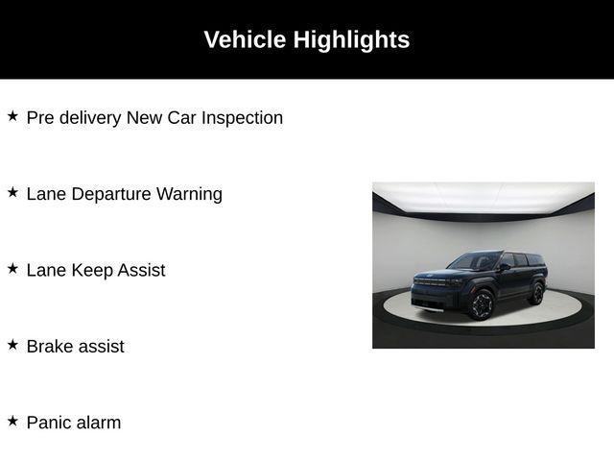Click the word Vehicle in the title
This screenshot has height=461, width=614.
[245, 39]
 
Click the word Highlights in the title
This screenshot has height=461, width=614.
[351, 39]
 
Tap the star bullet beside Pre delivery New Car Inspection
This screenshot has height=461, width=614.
[12, 116]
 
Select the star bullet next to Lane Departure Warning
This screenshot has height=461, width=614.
[12, 192]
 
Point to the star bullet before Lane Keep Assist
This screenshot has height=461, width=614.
[12, 269]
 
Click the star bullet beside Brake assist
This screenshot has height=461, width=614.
[12, 345]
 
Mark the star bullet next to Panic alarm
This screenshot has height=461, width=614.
[12, 421]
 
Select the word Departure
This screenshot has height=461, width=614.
[110, 194]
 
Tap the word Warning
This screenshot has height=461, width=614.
[189, 194]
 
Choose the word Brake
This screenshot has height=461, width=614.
[50, 347]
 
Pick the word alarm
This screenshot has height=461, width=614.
[100, 423]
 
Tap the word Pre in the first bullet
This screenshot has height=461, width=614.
[41, 118]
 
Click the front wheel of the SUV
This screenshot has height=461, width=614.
[481, 304]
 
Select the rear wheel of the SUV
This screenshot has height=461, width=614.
[536, 293]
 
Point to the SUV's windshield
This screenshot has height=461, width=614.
[476, 261]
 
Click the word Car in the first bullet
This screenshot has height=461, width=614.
[181, 118]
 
